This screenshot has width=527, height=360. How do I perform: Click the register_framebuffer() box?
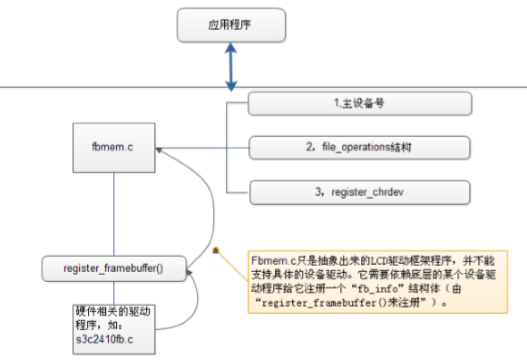[115, 269]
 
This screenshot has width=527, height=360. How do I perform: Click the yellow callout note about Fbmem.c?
[371, 282]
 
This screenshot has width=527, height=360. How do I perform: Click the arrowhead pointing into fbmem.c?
[160, 149]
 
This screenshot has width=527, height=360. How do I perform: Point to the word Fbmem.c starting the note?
[271, 260]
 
